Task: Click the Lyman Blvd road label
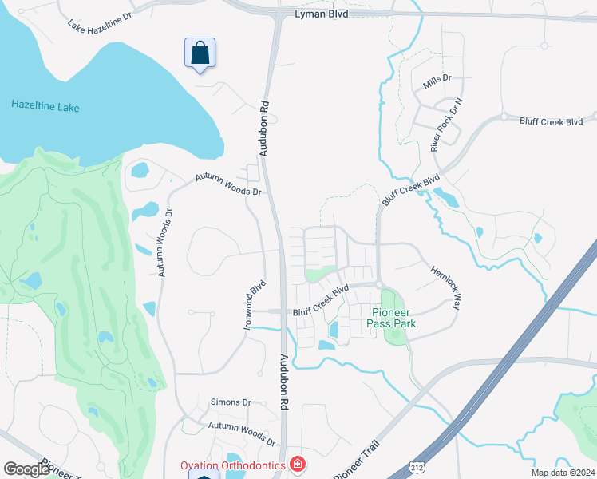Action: coord(322,14)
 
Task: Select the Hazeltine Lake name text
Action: coord(45,106)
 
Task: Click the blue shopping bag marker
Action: coord(200,54)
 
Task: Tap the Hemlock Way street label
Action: coord(446,288)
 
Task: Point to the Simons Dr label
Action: coord(231,402)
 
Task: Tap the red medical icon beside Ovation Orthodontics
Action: coord(298,463)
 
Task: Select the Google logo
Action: coord(26,469)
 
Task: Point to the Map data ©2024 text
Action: coord(563,472)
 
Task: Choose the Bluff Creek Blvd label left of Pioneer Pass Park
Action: coord(322,301)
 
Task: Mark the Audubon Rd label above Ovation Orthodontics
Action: coord(283,383)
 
